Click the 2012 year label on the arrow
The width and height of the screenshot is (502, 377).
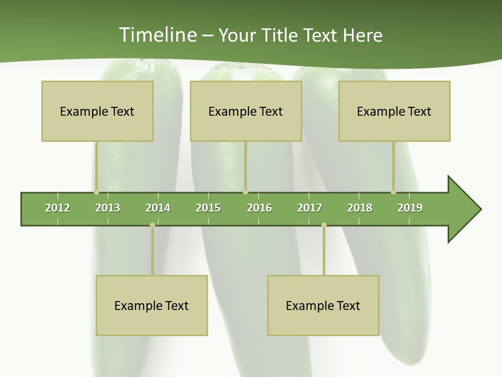point(58,208)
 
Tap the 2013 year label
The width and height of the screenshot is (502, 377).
point(108,208)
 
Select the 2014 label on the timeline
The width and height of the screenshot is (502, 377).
point(158,208)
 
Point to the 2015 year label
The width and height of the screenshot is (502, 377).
point(208,208)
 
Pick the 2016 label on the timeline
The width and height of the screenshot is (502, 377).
point(259,208)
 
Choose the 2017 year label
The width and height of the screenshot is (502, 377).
point(310,208)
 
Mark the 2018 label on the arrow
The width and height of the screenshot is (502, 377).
point(360,208)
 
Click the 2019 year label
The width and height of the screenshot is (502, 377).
point(410,208)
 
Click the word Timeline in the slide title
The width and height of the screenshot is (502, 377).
point(157,35)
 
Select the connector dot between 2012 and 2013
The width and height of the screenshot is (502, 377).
point(96,192)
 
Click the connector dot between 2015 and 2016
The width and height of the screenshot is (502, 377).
point(245,192)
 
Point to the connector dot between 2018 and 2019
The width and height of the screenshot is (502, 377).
point(393,192)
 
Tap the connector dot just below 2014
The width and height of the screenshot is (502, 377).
point(152,225)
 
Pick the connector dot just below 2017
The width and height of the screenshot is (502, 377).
point(324,225)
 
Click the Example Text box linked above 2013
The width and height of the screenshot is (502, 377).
point(97,112)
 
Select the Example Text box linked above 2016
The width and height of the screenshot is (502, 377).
point(246,112)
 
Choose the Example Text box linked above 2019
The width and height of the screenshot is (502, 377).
point(394,112)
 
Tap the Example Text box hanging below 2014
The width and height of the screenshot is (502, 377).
point(152,306)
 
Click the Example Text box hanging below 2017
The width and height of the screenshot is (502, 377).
point(323,306)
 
